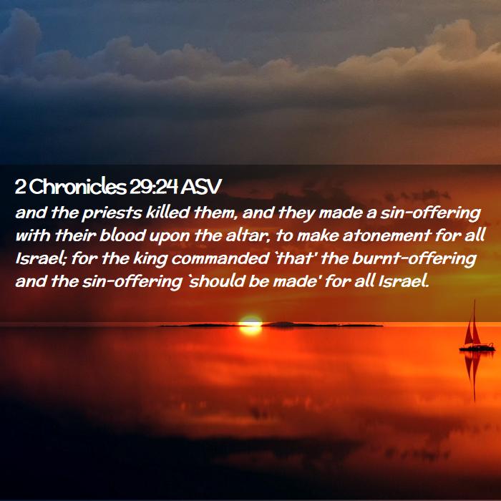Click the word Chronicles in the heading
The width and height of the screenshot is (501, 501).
tap(79, 187)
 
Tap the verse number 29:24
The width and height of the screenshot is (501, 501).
tap(153, 187)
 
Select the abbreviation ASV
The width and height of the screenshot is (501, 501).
tap(200, 187)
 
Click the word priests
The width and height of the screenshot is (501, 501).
tap(111, 213)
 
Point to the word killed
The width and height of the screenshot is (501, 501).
tap(167, 212)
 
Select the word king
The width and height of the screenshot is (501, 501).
tap(150, 259)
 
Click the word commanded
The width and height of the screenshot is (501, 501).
tap(220, 258)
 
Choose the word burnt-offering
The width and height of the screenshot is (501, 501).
tap(414, 259)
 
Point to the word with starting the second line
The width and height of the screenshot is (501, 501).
tap(33, 235)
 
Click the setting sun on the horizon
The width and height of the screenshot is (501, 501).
tap(250, 325)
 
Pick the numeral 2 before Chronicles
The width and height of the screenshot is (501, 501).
tap(21, 187)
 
